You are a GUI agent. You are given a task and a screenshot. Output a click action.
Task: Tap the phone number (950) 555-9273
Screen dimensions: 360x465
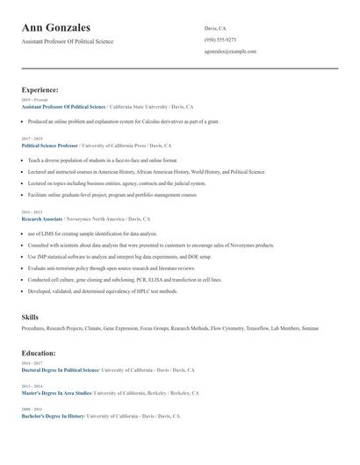pyautogui.click(x=220, y=39)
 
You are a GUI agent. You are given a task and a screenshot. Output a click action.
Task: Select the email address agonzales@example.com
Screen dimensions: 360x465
pyautogui.click(x=230, y=52)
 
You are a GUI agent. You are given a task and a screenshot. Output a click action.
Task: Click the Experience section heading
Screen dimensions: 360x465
pyautogui.click(x=40, y=89)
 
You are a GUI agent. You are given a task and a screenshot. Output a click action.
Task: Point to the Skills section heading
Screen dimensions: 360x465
pyautogui.click(x=30, y=316)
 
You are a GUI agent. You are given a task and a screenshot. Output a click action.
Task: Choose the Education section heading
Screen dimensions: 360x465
pyautogui.click(x=39, y=353)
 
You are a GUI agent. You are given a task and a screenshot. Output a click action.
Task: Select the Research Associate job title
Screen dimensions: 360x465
pyautogui.click(x=42, y=218)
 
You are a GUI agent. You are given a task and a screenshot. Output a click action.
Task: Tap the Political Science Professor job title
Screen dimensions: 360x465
pyautogui.click(x=49, y=145)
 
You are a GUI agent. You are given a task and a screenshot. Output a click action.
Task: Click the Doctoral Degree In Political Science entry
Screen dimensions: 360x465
pyautogui.click(x=60, y=370)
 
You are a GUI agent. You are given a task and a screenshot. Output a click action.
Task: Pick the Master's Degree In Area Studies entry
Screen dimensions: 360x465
pyautogui.click(x=56, y=393)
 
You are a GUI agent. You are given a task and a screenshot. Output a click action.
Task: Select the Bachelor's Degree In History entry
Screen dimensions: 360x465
pyautogui.click(x=52, y=416)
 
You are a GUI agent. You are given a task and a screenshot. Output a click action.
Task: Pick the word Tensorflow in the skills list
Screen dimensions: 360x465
pyautogui.click(x=256, y=328)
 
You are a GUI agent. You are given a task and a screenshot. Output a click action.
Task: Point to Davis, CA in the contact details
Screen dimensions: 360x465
pyautogui.click(x=215, y=27)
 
